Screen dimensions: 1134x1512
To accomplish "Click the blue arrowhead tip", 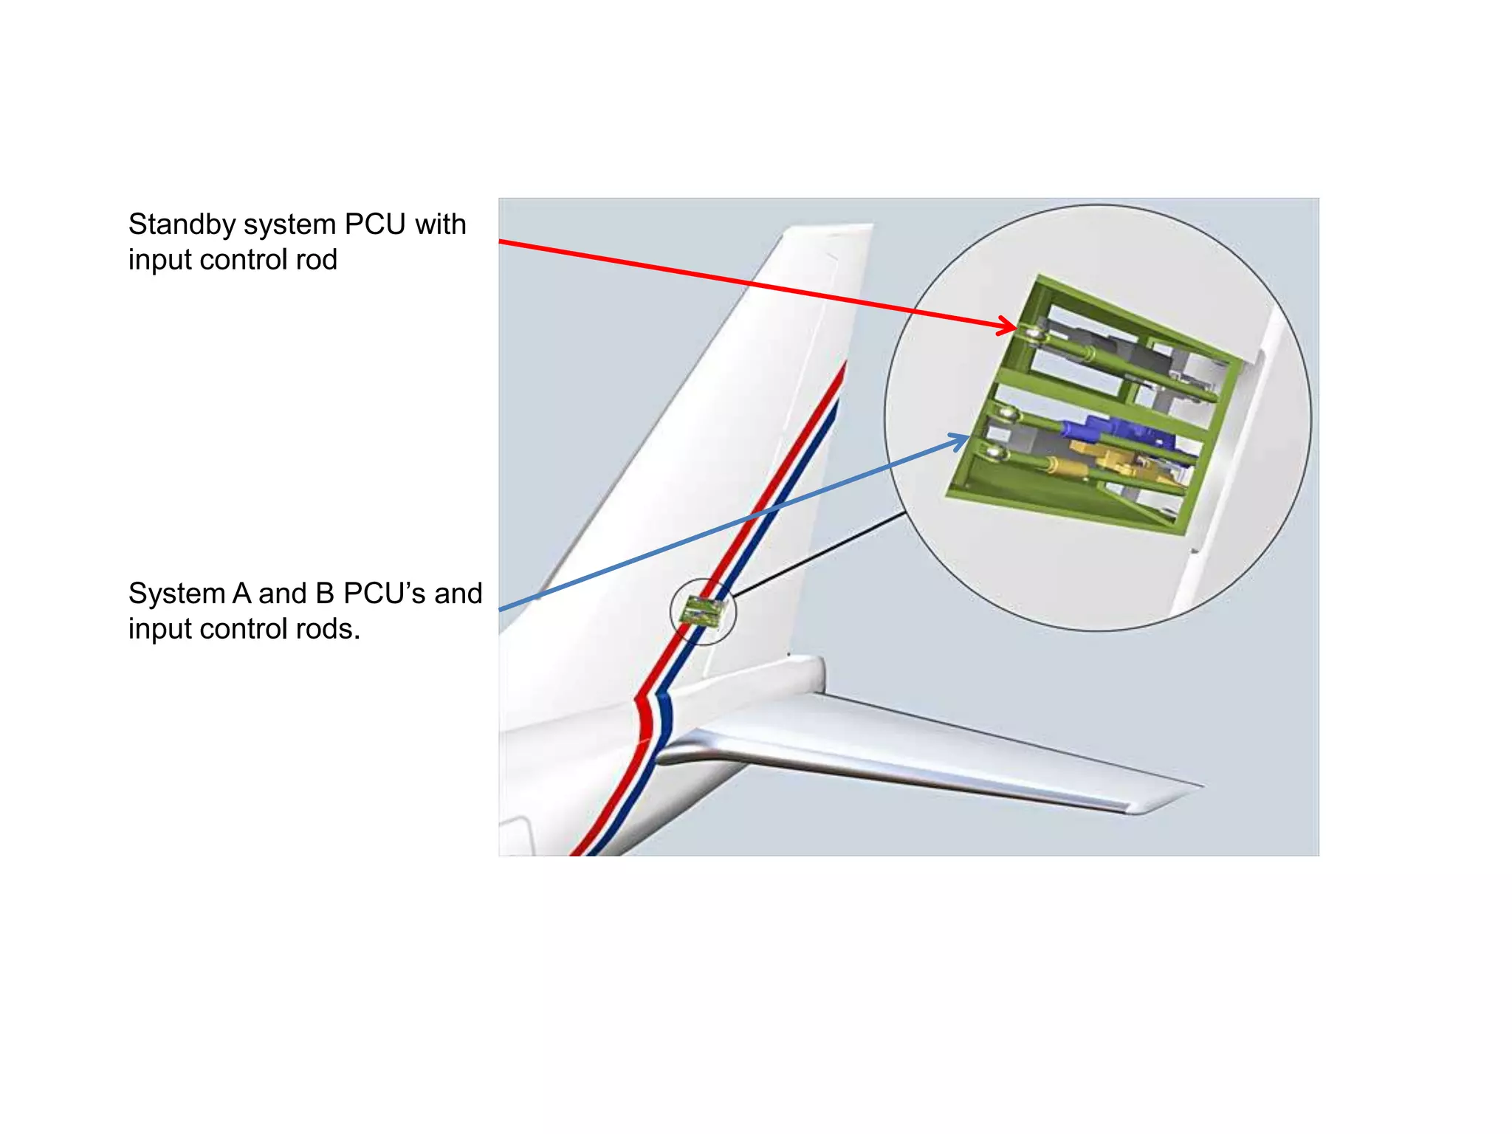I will pyautogui.click(x=969, y=438).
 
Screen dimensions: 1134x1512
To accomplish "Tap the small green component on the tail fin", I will pyautogui.click(x=702, y=611).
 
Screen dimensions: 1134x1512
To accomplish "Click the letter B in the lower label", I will pyautogui.click(x=325, y=594).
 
